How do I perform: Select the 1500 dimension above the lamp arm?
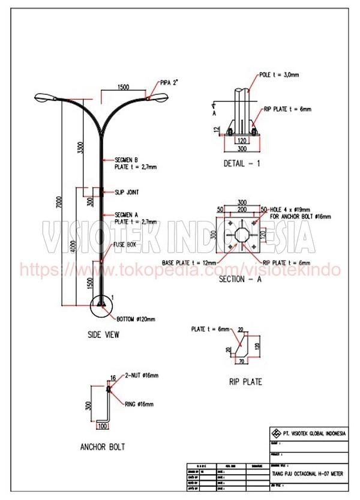pyautogui.click(x=123, y=87)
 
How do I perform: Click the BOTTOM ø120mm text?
pyautogui.click(x=136, y=319)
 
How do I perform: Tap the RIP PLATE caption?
pyautogui.click(x=245, y=382)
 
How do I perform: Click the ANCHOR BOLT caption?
pyautogui.click(x=102, y=447)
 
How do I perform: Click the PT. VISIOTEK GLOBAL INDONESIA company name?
pyautogui.click(x=311, y=434)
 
